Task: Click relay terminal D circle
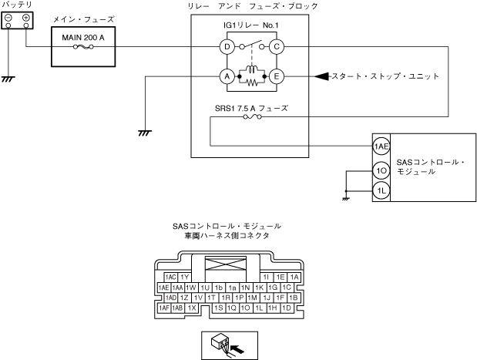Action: (227, 47)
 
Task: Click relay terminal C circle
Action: (277, 47)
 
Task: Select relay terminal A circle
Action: (227, 76)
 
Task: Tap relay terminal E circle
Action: (277, 76)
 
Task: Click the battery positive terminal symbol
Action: (26, 18)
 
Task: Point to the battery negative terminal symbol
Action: (8, 18)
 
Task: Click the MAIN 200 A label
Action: (83, 38)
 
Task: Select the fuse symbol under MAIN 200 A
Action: (83, 47)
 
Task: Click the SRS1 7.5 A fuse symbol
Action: (252, 116)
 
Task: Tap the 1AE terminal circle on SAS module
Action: (381, 146)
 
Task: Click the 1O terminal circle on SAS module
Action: (381, 170)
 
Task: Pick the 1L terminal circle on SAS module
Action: (381, 191)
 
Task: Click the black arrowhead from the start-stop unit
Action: (321, 76)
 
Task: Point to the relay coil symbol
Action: (252, 69)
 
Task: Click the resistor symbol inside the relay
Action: (252, 82)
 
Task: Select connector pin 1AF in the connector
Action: (164, 308)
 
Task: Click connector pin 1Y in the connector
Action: (184, 277)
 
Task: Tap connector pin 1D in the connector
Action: (287, 308)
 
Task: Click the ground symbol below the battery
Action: (8, 79)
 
